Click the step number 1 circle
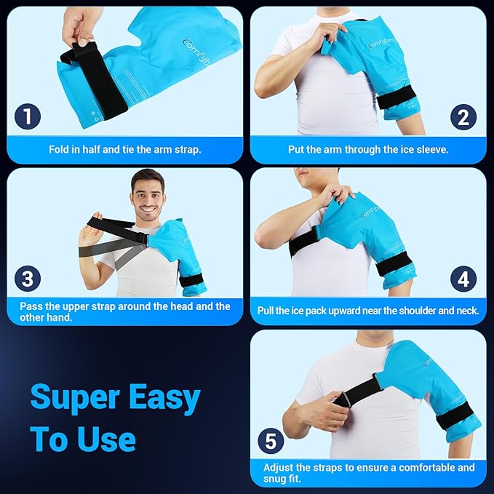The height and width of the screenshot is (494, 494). coord(28,117)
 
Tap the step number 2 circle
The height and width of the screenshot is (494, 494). coord(463,117)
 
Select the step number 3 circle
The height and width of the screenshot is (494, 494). coord(28,279)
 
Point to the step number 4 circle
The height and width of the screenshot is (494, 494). coord(463,279)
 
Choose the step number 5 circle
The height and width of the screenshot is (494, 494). coord(270,440)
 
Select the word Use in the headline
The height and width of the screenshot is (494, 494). coord(105,439)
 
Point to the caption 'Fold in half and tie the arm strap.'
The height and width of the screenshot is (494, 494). coord(125,150)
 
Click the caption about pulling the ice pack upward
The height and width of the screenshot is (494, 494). coord(368,311)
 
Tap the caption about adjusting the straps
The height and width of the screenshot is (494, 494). coord(368,473)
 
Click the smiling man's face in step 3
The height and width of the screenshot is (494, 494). coord(148,197)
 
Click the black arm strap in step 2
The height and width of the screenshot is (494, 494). coord(397,96)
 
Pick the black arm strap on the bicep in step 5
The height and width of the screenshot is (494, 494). coord(453,415)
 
